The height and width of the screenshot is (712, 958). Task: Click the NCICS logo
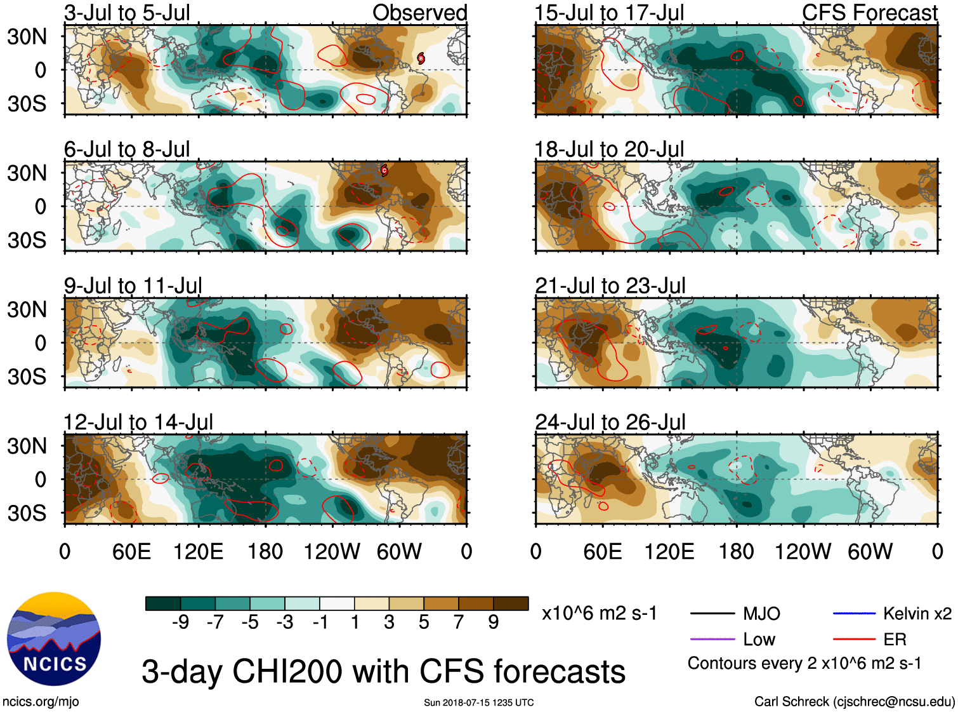pos(53,638)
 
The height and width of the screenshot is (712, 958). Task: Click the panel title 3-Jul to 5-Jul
pos(127,13)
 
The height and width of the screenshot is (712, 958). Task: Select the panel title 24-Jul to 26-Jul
pos(610,422)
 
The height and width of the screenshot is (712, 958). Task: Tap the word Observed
pos(419,13)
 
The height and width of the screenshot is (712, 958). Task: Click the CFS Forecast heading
pos(869,13)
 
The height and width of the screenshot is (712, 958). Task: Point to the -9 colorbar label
pos(180,622)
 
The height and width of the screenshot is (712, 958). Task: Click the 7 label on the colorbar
pos(459,622)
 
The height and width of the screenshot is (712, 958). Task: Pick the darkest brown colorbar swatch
pos(511,603)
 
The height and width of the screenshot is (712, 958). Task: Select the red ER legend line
pos(854,639)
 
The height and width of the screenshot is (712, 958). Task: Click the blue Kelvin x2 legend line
pos(854,614)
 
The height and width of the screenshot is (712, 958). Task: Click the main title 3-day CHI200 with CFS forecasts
pos(383,671)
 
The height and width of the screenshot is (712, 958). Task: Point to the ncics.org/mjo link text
pos(41,701)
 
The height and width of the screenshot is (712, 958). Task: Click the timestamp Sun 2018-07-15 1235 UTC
pos(478,702)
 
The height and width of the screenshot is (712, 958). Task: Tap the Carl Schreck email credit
pos(854,701)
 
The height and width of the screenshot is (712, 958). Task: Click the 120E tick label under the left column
pos(198,551)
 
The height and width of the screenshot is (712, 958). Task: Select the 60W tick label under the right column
pos(870,551)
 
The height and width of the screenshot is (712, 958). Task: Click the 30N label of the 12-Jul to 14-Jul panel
pos(27,446)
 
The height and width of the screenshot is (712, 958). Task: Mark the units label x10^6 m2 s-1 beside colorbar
pos(599,614)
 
